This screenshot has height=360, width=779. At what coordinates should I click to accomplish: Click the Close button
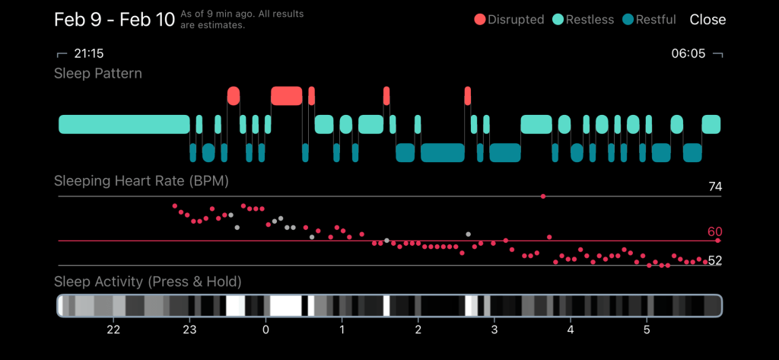tap(707, 20)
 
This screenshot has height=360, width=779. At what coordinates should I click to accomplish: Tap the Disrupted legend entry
tap(510, 20)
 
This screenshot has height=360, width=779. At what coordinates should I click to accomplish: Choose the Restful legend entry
tap(649, 20)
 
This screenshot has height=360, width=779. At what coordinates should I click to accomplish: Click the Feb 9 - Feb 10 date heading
tap(114, 20)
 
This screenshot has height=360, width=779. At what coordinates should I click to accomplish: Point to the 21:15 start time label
tap(87, 54)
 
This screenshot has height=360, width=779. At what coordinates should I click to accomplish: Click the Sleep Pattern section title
tap(98, 74)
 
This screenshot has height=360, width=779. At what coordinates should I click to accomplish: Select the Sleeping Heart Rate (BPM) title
tap(141, 181)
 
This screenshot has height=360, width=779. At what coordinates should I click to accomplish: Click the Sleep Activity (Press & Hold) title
tap(148, 282)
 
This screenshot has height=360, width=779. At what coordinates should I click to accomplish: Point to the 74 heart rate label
tap(714, 187)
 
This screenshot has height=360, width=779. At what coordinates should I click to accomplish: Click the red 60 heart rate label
tap(714, 232)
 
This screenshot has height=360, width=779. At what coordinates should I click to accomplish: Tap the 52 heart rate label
tap(714, 261)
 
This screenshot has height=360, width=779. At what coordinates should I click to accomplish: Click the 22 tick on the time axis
tap(113, 330)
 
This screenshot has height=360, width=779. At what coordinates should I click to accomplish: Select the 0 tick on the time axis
tap(265, 330)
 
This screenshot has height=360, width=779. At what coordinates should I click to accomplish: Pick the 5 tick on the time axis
tap(647, 330)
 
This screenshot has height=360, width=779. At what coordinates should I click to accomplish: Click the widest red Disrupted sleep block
tap(287, 96)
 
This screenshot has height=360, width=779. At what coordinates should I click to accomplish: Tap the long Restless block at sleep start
tap(124, 124)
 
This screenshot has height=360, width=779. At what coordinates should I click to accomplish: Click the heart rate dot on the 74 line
tap(543, 196)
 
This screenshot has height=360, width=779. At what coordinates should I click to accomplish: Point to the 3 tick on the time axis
tap(494, 330)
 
